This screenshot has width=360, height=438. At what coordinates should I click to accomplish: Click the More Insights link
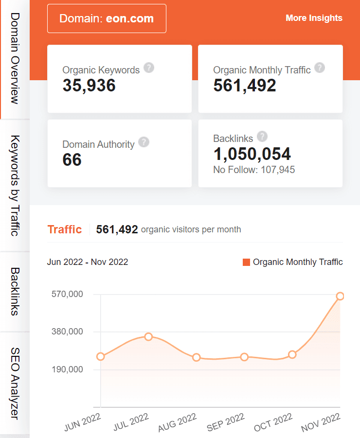pyautogui.click(x=314, y=18)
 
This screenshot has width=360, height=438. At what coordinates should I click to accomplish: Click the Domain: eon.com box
pyautogui.click(x=107, y=18)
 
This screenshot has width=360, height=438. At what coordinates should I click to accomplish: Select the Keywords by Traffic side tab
pyautogui.click(x=15, y=185)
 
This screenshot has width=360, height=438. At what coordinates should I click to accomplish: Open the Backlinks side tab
pyautogui.click(x=15, y=291)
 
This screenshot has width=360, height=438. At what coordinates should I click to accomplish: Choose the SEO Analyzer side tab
pyautogui.click(x=15, y=383)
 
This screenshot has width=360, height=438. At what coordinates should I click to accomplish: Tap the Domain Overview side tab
pyautogui.click(x=15, y=58)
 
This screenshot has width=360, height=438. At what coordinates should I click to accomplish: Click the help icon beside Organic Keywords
pyautogui.click(x=149, y=68)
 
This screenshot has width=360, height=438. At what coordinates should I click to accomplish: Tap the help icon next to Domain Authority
pyautogui.click(x=144, y=142)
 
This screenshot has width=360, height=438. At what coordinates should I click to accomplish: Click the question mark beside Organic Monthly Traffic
pyautogui.click(x=320, y=68)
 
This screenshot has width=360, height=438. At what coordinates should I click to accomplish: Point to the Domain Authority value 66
pyautogui.click(x=72, y=160)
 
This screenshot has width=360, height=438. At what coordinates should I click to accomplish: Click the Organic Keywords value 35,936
pyautogui.click(x=89, y=86)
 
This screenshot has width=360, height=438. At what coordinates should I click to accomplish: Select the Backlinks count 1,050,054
pyautogui.click(x=252, y=154)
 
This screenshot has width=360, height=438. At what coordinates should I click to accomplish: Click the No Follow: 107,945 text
pyautogui.click(x=254, y=170)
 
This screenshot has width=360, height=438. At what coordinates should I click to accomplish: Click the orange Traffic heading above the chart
pyautogui.click(x=65, y=229)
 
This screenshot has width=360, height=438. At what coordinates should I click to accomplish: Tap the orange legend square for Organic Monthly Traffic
pyautogui.click(x=246, y=262)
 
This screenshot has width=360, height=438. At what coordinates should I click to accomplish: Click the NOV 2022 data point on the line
pyautogui.click(x=340, y=296)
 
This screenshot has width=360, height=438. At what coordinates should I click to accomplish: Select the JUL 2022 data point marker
pyautogui.click(x=148, y=336)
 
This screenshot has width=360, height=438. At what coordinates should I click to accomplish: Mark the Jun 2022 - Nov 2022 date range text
pyautogui.click(x=88, y=262)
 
